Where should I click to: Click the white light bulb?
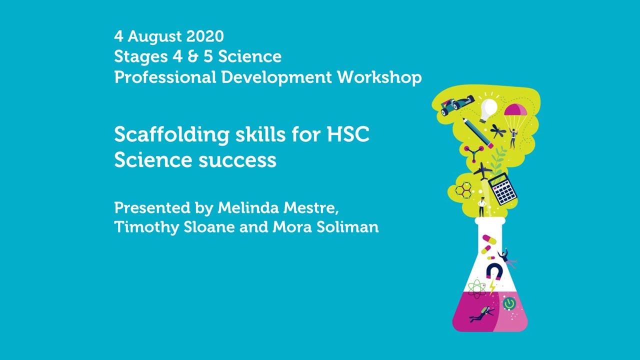[488, 109]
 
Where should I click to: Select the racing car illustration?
[456, 105]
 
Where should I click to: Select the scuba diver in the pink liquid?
[481, 314]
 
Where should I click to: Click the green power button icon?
[508, 303]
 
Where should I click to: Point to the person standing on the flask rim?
[482, 206]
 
